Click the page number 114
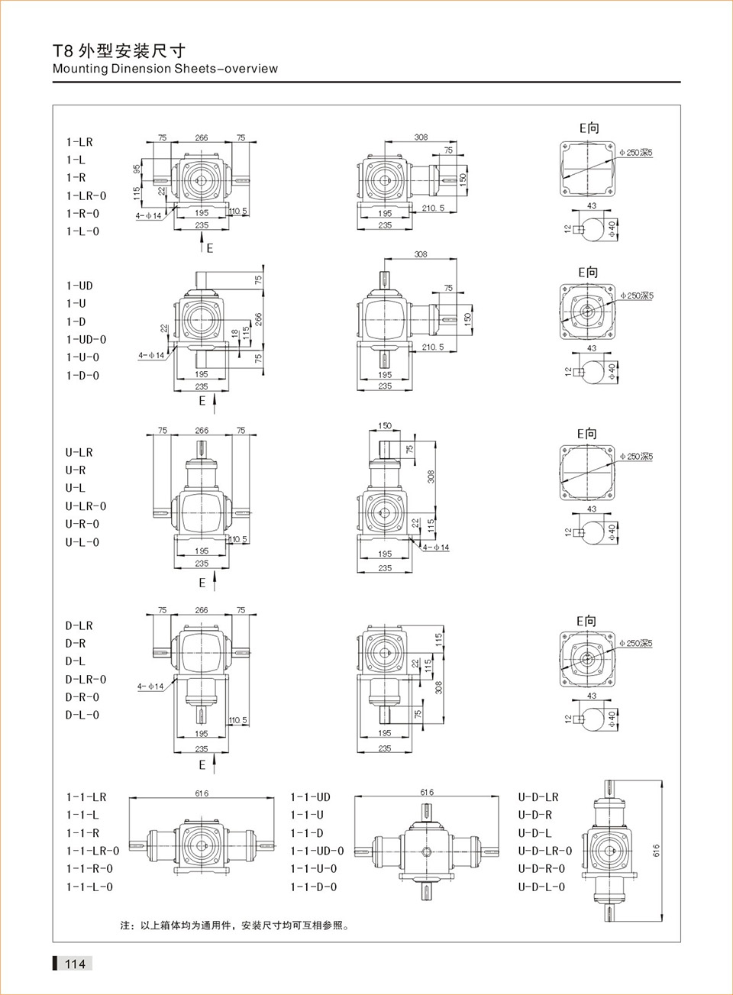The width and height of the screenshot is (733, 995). (75, 964)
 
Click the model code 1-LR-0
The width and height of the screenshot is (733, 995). (86, 195)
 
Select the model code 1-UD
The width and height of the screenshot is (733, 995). (79, 286)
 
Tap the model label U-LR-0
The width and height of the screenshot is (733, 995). (86, 506)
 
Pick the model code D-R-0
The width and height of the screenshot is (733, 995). (82, 697)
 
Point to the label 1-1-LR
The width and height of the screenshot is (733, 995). (86, 797)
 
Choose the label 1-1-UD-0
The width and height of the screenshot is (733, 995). (317, 851)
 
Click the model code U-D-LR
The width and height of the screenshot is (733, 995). (538, 797)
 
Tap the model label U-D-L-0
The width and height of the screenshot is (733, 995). (541, 887)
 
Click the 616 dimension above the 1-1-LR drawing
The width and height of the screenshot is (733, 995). (202, 793)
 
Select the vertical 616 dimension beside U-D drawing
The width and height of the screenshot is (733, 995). (656, 851)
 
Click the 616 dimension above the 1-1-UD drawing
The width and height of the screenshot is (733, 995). (427, 793)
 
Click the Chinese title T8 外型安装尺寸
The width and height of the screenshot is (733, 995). (119, 51)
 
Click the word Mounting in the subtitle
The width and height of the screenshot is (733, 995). (80, 69)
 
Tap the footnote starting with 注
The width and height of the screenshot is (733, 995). (234, 926)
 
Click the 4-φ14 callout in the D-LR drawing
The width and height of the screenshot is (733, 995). (150, 686)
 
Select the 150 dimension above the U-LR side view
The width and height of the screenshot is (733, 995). (385, 426)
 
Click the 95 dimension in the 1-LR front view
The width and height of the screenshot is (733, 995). (137, 169)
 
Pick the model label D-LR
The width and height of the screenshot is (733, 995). (79, 625)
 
